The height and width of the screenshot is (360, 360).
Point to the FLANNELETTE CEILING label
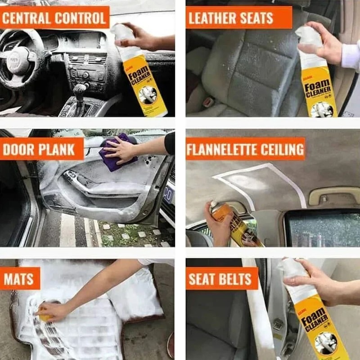(246, 149)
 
